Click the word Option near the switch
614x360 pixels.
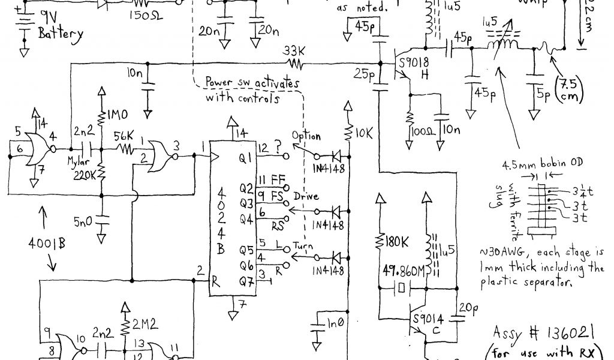[x=306, y=136]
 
